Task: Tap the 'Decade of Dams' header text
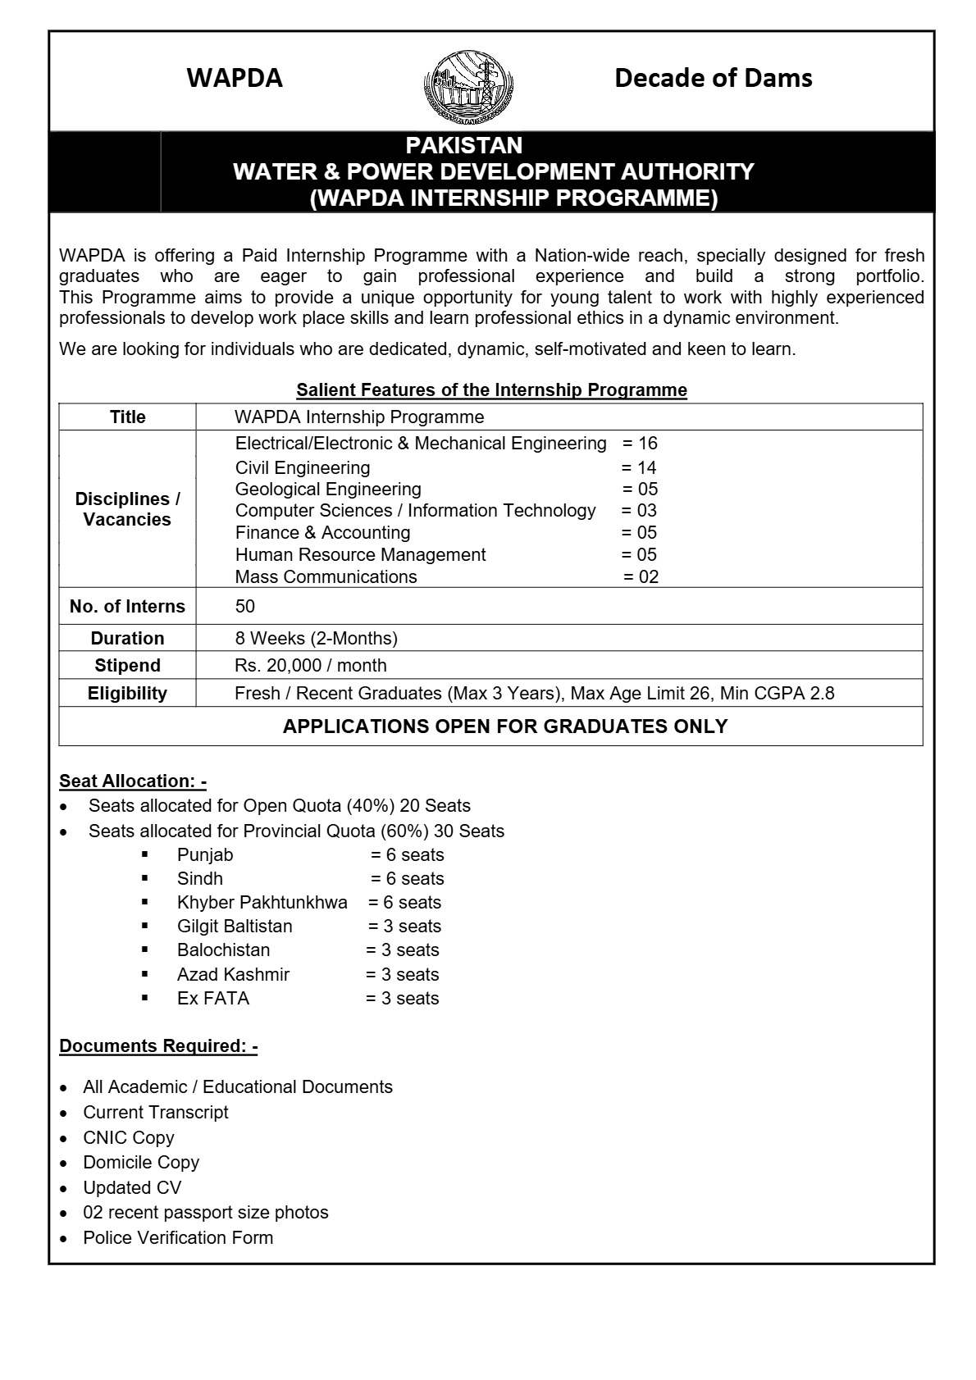[x=713, y=78]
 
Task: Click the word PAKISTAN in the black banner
[x=463, y=145]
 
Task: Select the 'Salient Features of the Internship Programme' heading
[x=491, y=389]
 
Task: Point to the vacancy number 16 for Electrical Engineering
[x=647, y=444]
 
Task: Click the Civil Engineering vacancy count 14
[x=646, y=468]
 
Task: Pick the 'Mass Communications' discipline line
[x=326, y=576]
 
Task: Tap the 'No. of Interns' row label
[x=127, y=607]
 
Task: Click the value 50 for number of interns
[x=244, y=607]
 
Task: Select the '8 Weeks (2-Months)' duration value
[x=316, y=638]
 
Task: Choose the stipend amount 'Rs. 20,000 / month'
[x=310, y=665]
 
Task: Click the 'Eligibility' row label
[x=127, y=694]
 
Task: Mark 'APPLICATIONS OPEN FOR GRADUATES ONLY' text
[x=504, y=726]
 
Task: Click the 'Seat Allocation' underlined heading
[x=133, y=781]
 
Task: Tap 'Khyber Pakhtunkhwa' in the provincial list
[x=262, y=903]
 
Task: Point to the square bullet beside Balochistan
[x=144, y=950]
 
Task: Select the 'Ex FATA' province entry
[x=212, y=999]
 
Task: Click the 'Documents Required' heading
[x=158, y=1046]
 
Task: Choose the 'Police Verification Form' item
[x=178, y=1238]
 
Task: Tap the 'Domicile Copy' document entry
[x=141, y=1163]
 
